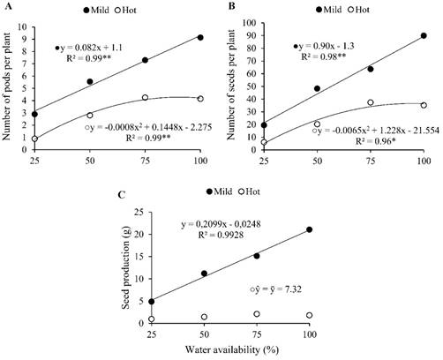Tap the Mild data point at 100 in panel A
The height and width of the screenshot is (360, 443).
point(200,38)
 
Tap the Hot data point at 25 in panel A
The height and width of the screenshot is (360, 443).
point(34,139)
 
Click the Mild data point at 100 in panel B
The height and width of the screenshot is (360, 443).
point(424,36)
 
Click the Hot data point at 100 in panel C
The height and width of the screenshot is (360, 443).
point(309,315)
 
